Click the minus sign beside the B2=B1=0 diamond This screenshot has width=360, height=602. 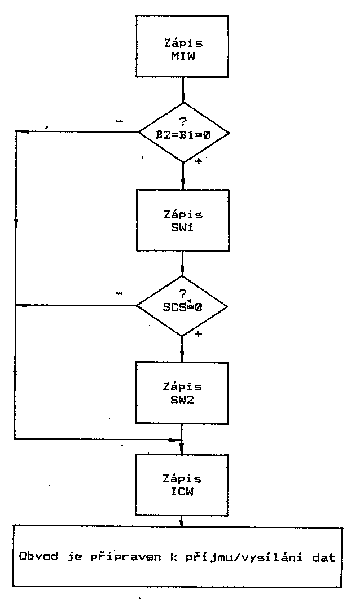pos(121,121)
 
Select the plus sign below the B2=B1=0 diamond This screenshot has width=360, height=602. pos(198,161)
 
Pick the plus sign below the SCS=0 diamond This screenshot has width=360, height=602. pos(198,334)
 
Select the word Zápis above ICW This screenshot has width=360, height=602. pos(182,478)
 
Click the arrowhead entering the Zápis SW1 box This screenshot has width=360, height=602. pos(183,183)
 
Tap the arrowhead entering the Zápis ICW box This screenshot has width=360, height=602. pos(182,449)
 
